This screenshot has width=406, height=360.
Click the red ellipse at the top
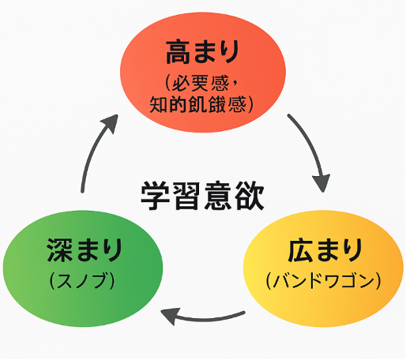203,72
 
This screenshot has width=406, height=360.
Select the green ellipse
83,268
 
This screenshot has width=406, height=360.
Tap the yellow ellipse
323,268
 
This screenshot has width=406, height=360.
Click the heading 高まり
202,51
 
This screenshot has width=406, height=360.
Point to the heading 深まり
85,249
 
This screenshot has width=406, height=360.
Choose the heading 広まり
325,250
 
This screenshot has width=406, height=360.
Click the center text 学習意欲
202,196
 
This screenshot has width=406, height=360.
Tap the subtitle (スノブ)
82,280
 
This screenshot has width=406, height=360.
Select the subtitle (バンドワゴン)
324,280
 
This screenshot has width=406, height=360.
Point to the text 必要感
200,83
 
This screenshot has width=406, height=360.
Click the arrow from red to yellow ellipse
310,148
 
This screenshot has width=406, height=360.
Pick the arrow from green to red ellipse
92,150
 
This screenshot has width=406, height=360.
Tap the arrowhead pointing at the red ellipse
110,123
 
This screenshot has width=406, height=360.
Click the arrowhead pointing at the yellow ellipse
321,182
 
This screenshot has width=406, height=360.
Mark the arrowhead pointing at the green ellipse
170,316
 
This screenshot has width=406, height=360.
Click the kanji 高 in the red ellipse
178,51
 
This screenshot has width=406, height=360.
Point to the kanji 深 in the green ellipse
59,249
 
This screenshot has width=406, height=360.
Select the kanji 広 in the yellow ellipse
300,250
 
